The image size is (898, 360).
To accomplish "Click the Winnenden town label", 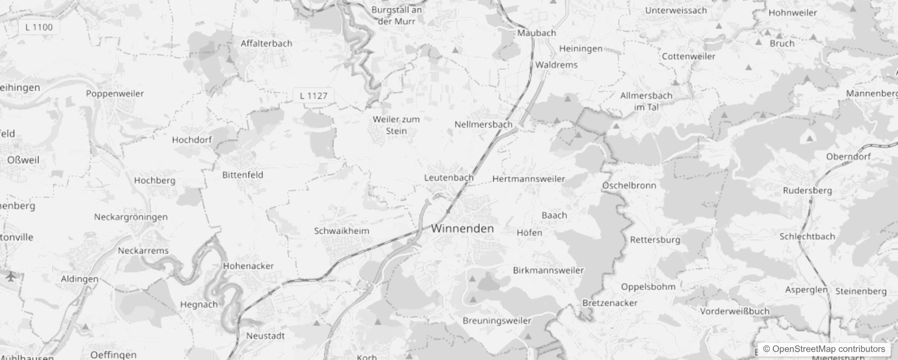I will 462,229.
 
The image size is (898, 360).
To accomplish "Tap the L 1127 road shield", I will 313,95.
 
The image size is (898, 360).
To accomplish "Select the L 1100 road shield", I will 39,27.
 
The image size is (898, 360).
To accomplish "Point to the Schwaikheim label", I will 341,231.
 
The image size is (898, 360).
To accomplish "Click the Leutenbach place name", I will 449,178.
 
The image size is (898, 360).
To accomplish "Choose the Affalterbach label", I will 266,43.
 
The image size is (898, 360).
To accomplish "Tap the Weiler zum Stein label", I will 396,125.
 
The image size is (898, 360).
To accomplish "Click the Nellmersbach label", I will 483,124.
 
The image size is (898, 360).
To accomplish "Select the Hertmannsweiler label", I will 529,179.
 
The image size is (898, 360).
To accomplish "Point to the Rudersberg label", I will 807,190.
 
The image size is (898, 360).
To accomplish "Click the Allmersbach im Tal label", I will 646,101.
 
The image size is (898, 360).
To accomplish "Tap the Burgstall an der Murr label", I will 396,15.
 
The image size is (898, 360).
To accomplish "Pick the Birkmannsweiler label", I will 548,270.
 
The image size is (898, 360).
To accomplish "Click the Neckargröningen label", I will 130,217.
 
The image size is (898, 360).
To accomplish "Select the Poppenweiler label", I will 115,94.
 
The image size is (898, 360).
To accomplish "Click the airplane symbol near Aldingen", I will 10,276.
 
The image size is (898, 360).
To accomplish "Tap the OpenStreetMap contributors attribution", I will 824,349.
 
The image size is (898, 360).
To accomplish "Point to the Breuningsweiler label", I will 497,321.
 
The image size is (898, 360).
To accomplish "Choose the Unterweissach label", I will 676,10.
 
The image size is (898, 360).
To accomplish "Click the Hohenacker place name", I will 248,266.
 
